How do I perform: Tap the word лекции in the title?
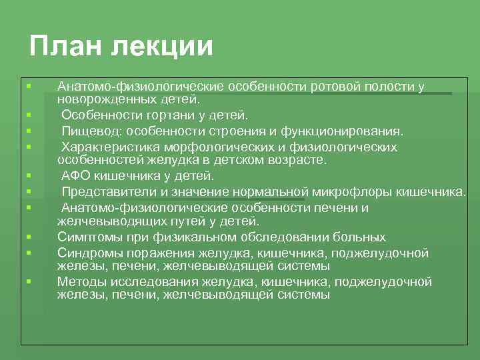pos(163,47)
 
